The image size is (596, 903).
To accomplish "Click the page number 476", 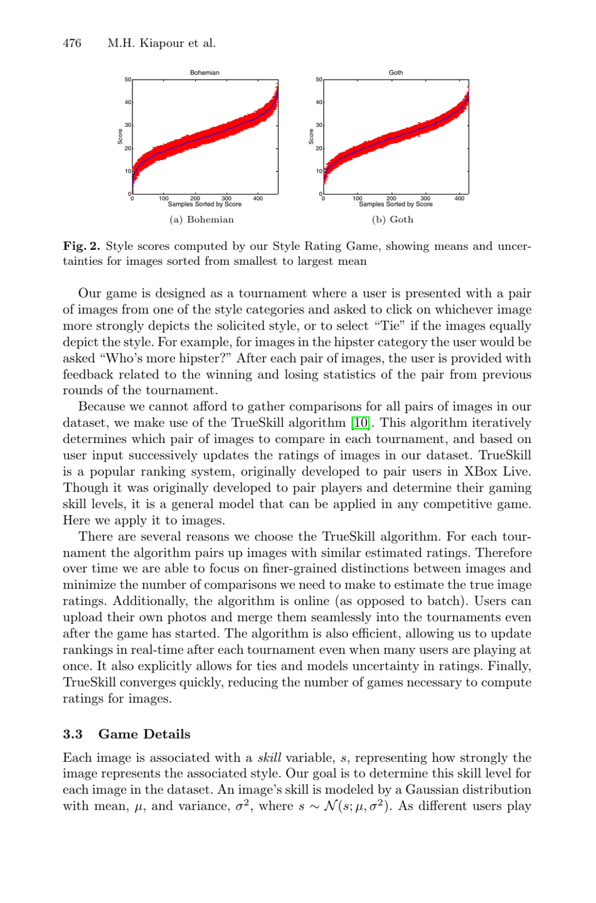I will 72,43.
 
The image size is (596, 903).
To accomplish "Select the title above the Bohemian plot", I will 205,73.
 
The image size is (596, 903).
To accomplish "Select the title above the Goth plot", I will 396,73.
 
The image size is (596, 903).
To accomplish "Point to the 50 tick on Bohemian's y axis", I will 128,80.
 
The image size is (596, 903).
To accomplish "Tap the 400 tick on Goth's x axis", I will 459,198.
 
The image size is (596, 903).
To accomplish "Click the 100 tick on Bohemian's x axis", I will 164,198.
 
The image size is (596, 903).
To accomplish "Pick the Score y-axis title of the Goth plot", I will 311,137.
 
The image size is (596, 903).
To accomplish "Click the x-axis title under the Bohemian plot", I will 205,205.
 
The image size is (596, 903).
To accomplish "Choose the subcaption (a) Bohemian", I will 201,220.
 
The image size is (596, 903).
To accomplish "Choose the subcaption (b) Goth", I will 393,220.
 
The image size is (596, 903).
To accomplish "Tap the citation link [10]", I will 360,423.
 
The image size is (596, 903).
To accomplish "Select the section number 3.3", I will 73,734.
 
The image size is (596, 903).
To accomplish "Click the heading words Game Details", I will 144,734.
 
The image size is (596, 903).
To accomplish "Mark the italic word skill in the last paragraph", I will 269,758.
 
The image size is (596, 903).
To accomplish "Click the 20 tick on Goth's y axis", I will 319,148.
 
